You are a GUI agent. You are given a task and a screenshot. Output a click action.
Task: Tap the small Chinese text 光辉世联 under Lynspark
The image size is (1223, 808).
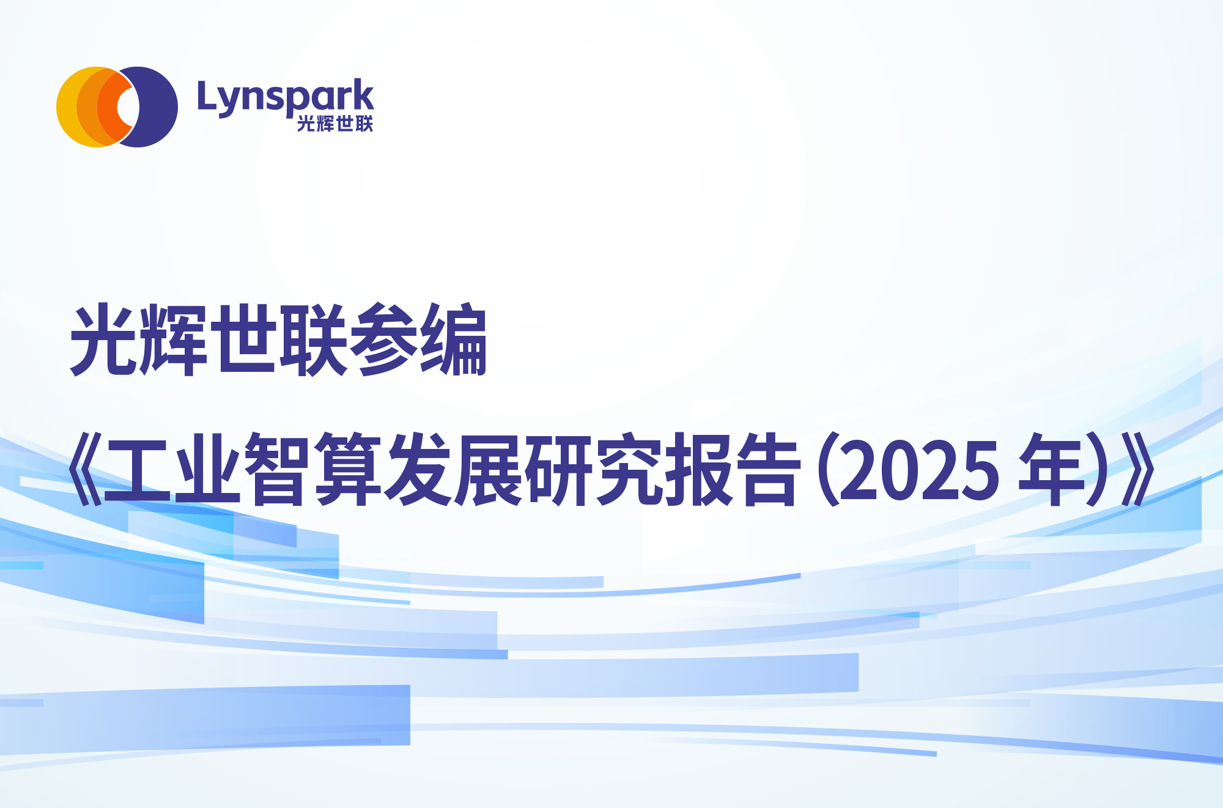(x=335, y=124)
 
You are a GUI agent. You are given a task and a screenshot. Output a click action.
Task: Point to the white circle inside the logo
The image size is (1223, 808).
(x=127, y=107)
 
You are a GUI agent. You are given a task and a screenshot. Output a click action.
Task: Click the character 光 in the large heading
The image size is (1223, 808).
(x=105, y=339)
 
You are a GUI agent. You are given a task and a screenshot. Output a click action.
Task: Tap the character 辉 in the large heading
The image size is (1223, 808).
(x=174, y=339)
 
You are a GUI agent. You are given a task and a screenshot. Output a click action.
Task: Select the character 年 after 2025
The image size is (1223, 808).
(x=1051, y=470)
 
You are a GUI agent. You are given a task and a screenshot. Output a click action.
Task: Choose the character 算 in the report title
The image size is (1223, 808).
(x=348, y=470)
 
